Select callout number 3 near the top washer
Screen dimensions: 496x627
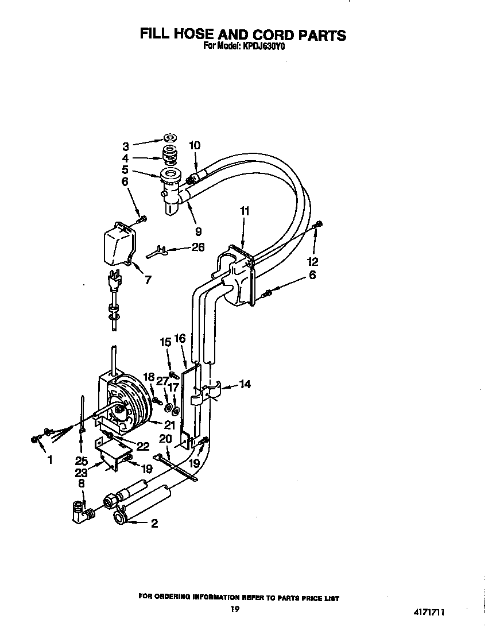126,146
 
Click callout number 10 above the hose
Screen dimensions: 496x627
195,145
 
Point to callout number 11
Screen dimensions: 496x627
244,211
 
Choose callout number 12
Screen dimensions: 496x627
312,261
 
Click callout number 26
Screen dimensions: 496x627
198,247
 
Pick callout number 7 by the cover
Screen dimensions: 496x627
148,280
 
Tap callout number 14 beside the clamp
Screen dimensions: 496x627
245,384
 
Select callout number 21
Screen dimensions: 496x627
170,425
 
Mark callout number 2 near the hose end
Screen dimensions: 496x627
154,523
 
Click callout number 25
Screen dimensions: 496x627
82,461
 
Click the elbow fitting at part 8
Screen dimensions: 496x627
80,514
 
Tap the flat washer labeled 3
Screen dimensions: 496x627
170,139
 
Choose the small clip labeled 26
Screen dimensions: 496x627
156,251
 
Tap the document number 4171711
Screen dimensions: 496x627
429,612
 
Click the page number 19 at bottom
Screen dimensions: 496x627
235,609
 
